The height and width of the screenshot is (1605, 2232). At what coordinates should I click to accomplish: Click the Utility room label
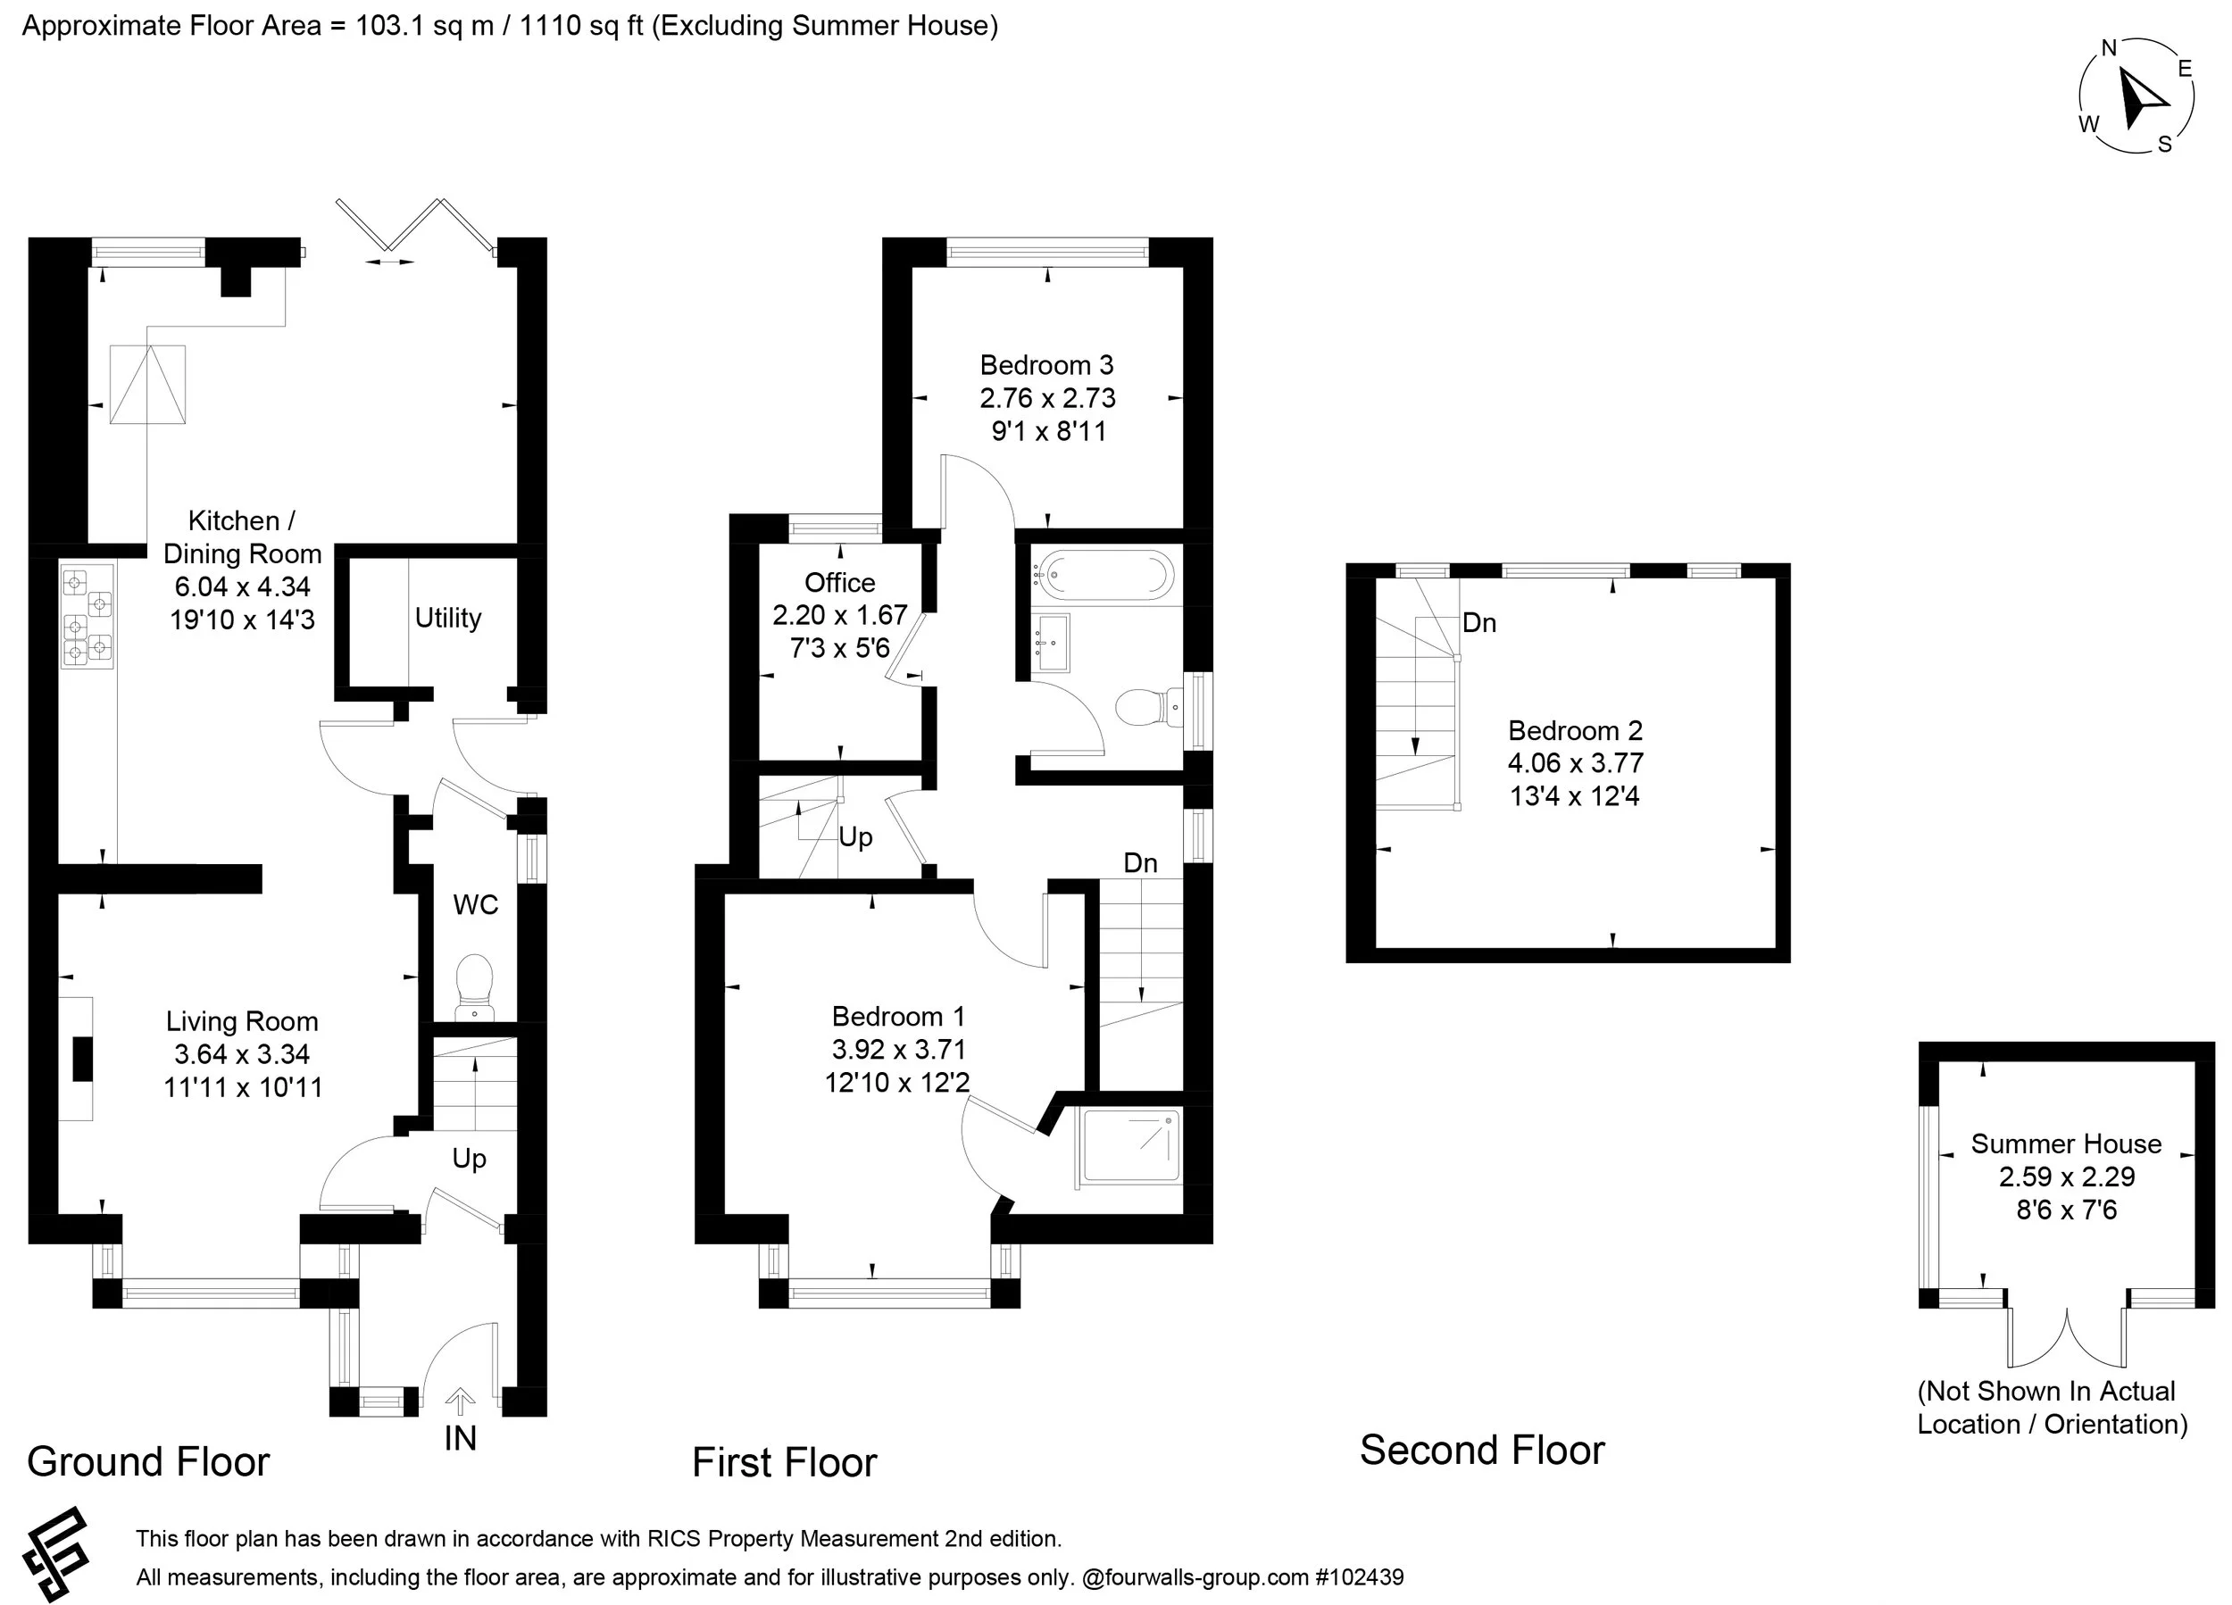(x=448, y=618)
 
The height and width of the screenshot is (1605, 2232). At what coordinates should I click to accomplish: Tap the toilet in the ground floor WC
(x=474, y=985)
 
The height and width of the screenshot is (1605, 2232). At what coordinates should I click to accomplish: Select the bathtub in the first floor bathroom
(x=1107, y=574)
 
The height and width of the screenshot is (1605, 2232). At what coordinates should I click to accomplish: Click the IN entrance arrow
(x=460, y=1401)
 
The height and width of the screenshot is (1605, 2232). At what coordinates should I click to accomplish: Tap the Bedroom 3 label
(x=1046, y=365)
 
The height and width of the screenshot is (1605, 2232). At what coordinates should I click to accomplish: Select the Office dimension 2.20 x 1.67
(x=839, y=615)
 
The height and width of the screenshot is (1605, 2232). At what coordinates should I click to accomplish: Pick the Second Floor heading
(x=1481, y=1451)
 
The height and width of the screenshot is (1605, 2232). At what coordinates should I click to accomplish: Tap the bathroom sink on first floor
(x=1052, y=643)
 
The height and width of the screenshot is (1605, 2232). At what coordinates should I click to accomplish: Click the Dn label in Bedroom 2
(x=1479, y=622)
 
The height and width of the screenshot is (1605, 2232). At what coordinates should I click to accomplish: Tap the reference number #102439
(x=1359, y=1577)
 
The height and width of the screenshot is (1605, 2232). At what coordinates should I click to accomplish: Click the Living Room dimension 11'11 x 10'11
(x=243, y=1087)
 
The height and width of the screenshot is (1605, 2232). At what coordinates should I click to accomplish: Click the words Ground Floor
(x=148, y=1462)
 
